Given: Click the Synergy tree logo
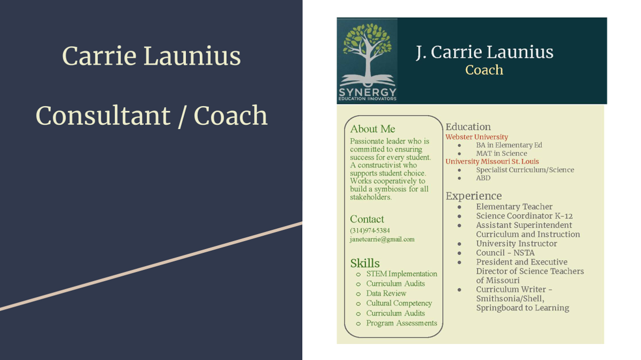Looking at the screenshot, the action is click(367, 61).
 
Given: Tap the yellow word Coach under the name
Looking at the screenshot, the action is click(484, 70).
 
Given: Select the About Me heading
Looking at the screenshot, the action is click(372, 129).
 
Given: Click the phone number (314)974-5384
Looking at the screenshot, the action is click(370, 230).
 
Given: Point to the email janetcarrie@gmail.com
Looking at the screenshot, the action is click(382, 239).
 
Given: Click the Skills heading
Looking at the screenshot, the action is click(364, 262).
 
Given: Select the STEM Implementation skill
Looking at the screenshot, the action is click(401, 274).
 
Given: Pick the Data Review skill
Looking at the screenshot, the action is click(386, 294).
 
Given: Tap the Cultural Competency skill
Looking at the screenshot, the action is click(399, 303).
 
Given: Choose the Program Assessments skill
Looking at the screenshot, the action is click(401, 323).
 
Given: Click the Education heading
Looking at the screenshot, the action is click(468, 126).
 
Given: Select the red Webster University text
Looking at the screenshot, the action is click(476, 137).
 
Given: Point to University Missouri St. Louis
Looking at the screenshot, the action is click(492, 161).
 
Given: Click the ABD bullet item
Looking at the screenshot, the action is click(483, 178).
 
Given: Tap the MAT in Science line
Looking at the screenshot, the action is click(502, 153).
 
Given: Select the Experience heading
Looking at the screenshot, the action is click(473, 196).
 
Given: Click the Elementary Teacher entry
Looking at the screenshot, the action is click(515, 206).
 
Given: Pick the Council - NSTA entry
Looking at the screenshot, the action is click(505, 252).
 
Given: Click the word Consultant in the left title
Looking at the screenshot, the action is click(102, 116).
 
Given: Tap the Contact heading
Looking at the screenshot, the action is click(367, 219).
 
